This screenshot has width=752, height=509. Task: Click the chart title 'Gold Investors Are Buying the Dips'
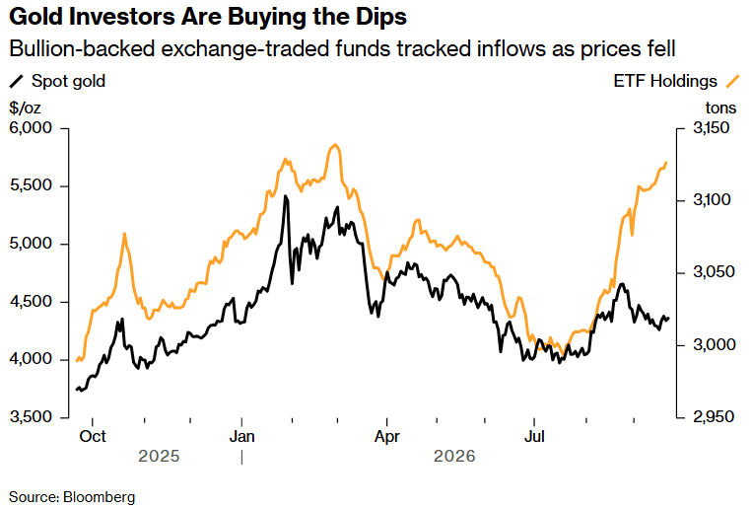(x=208, y=17)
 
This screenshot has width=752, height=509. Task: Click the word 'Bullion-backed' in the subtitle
(x=82, y=48)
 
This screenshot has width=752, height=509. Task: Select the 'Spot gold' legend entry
(x=57, y=81)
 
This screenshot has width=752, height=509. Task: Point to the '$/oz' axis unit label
(x=25, y=108)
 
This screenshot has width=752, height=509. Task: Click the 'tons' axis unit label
(x=720, y=108)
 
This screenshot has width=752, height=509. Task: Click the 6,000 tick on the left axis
(x=31, y=127)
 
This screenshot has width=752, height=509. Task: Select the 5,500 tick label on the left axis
(x=31, y=185)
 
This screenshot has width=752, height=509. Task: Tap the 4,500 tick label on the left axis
(x=31, y=301)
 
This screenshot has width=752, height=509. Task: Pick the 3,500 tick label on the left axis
(x=31, y=417)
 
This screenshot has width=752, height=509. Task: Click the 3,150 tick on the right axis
(x=712, y=127)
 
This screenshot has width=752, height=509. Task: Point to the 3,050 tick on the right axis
(x=714, y=272)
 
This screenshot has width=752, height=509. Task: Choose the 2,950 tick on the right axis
(x=714, y=417)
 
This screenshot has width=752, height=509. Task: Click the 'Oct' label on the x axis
(x=93, y=436)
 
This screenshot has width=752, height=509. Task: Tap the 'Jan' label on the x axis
(x=242, y=436)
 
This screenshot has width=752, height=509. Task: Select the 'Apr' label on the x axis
(x=387, y=436)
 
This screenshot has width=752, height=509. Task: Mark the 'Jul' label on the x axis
(x=534, y=436)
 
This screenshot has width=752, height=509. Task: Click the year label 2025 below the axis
(x=159, y=456)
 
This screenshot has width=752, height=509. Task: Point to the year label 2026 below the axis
(x=454, y=456)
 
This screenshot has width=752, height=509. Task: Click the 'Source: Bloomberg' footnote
(x=72, y=497)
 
